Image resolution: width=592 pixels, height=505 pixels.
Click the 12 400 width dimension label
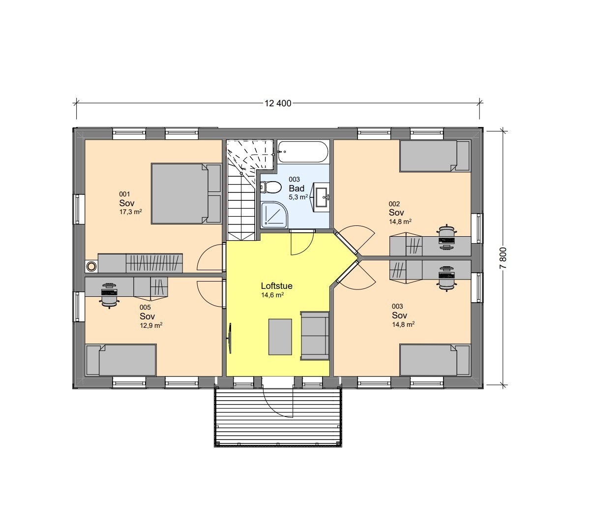point(278,103)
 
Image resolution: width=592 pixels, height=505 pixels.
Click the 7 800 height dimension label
point(503,256)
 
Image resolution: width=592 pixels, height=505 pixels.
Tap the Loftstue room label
point(277,286)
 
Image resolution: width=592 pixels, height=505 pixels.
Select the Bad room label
point(296,189)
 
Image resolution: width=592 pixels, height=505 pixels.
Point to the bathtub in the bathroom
point(302,152)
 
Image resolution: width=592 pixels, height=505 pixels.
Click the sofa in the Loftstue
point(315,335)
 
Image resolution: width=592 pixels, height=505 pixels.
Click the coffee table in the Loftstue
point(280,337)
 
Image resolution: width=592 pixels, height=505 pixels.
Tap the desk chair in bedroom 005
point(109,295)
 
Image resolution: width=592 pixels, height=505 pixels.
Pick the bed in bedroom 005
point(121,360)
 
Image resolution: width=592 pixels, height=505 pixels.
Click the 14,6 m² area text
point(272,295)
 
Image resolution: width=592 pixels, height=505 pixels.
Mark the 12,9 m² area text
point(151,325)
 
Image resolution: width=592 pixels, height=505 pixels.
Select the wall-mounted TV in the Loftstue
point(229,338)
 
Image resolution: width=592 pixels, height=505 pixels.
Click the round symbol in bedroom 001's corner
point(91,266)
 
